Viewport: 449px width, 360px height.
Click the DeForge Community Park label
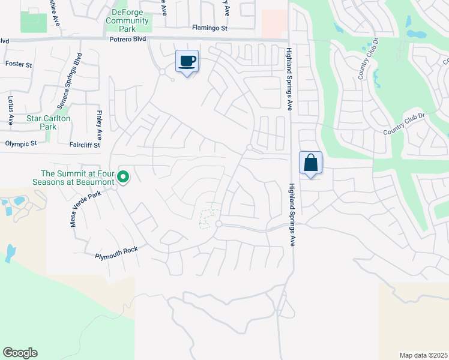click(x=127, y=20)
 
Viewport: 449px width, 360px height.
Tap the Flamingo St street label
click(x=210, y=28)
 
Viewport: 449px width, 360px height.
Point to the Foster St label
click(x=18, y=63)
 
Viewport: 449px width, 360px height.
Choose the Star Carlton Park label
click(x=49, y=122)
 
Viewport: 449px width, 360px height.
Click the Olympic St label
click(x=21, y=143)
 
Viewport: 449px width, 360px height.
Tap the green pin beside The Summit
click(x=123, y=177)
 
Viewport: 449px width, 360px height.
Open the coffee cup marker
click(x=187, y=61)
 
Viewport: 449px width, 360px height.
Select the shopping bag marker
click(x=311, y=163)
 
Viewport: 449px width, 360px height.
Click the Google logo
click(x=20, y=353)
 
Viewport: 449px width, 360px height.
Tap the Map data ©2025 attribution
click(x=423, y=355)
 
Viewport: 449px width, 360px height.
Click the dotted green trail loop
click(x=208, y=218)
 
